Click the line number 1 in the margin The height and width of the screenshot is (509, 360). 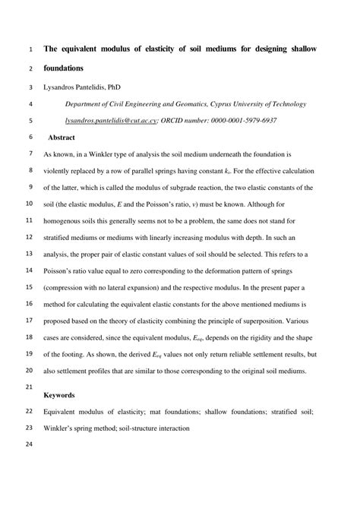tap(30, 49)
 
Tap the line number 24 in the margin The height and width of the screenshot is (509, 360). tap(30, 447)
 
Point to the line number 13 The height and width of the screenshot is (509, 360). tap(30, 254)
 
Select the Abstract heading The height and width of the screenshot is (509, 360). tap(61, 138)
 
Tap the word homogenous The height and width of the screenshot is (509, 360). tap(67, 220)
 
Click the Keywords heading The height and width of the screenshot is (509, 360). tap(59, 395)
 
